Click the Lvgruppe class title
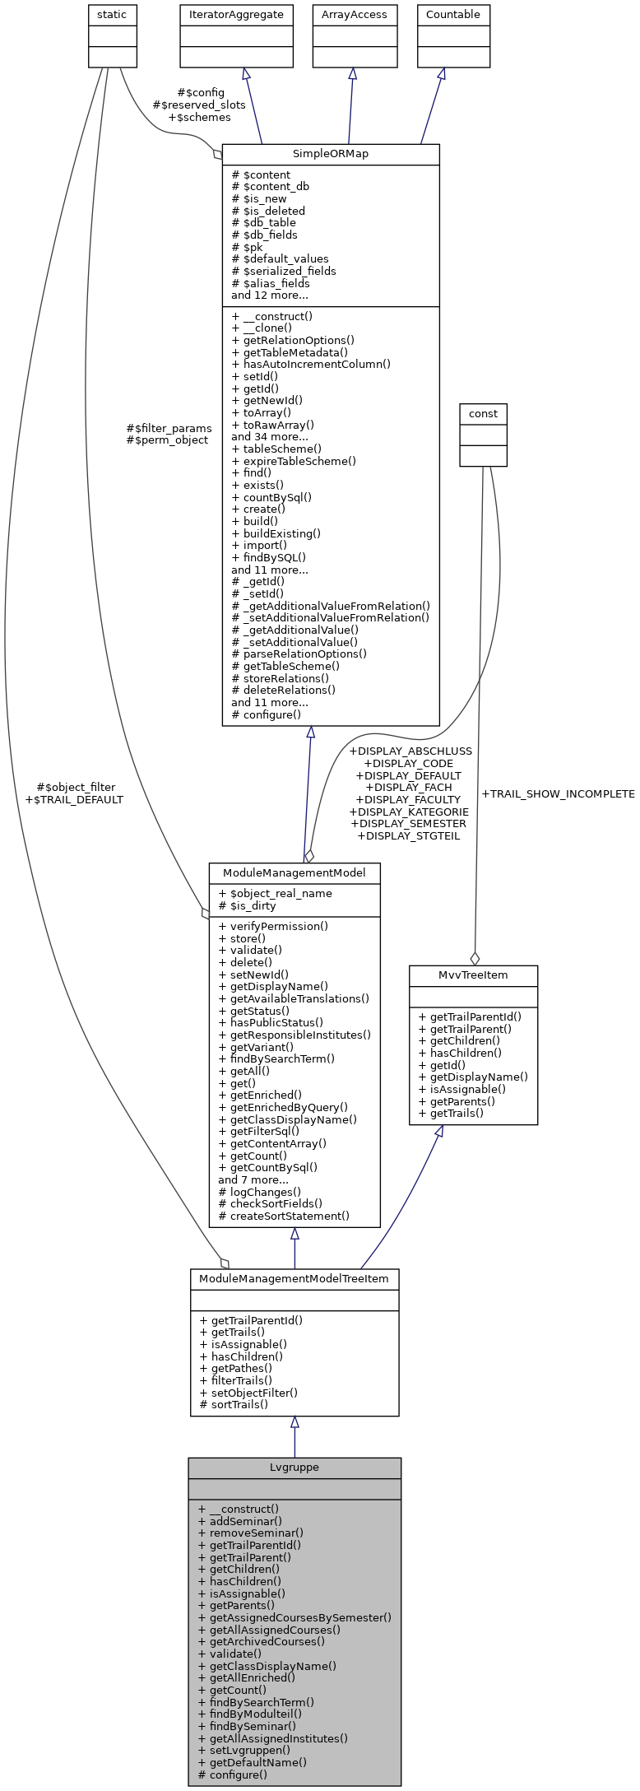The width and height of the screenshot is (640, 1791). [294, 1467]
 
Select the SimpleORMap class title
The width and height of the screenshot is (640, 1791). [331, 154]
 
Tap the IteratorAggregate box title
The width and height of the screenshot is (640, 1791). [237, 15]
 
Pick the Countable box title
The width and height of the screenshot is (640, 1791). [452, 15]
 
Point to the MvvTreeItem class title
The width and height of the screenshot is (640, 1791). [473, 975]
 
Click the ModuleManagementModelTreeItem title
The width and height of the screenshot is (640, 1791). [294, 1278]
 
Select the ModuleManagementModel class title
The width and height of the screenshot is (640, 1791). [294, 872]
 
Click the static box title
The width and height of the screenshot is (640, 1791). [112, 15]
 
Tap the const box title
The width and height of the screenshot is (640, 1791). [483, 413]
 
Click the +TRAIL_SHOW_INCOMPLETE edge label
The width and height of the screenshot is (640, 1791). [558, 794]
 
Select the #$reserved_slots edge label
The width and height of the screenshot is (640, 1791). [199, 105]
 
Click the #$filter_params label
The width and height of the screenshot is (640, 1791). [169, 428]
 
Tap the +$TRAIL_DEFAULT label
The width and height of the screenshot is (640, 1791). [74, 799]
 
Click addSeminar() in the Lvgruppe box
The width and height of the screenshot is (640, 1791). [245, 1521]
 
